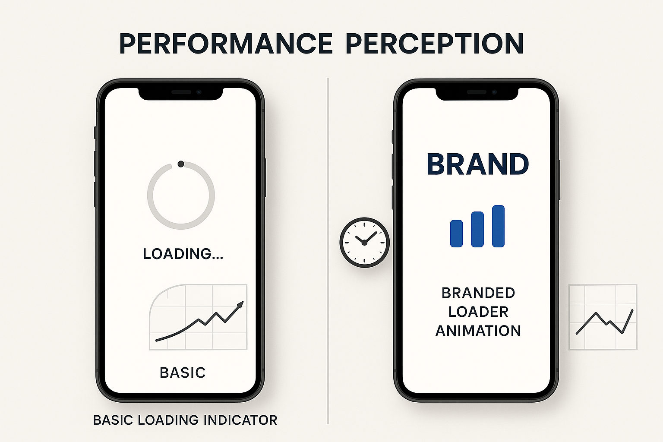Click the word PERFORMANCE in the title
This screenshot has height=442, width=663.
(x=225, y=44)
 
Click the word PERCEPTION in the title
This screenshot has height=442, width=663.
(x=435, y=44)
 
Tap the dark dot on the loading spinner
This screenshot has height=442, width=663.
(x=181, y=164)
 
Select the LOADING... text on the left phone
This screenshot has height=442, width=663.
(x=183, y=254)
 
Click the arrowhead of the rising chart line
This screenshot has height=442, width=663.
(x=240, y=305)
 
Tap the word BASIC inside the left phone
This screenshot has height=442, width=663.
(x=183, y=373)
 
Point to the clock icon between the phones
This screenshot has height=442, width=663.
(x=364, y=242)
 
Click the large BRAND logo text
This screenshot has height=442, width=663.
(x=477, y=164)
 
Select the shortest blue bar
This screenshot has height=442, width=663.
(x=456, y=234)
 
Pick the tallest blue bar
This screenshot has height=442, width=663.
(x=498, y=226)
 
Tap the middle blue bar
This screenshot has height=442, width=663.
(x=477, y=229)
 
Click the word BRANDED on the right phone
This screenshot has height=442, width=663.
(x=478, y=293)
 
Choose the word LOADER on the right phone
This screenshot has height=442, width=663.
(x=478, y=312)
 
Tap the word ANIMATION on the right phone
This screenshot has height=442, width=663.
(x=478, y=331)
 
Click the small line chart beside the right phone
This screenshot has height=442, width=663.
(x=603, y=317)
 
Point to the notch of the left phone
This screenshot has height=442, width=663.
(x=180, y=93)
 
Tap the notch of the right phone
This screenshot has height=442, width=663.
(x=477, y=93)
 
